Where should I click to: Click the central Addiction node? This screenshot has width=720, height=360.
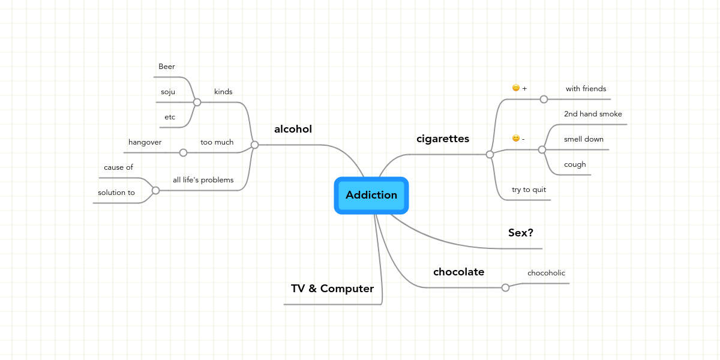(x=371, y=196)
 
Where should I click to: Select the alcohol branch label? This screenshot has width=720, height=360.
(x=293, y=129)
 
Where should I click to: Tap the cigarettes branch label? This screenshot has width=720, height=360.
(x=443, y=139)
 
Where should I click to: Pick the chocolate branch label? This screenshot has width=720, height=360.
(x=458, y=272)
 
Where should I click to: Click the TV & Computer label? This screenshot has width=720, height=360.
(x=332, y=289)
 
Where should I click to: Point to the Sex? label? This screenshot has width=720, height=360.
(x=520, y=233)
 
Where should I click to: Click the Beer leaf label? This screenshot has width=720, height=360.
(x=167, y=67)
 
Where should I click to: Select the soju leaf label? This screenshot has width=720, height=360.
(x=168, y=92)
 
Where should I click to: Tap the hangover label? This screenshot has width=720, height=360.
(x=145, y=142)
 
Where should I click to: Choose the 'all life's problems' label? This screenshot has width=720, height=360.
(x=203, y=180)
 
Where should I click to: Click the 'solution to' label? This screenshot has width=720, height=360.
(x=116, y=193)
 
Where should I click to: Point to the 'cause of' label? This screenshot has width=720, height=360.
(x=118, y=167)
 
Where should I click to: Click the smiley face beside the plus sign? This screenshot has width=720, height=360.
(x=516, y=88)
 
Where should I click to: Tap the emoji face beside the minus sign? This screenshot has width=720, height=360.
(x=516, y=138)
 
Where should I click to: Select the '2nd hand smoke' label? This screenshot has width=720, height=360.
(x=593, y=114)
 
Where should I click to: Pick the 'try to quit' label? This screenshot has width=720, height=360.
(x=529, y=190)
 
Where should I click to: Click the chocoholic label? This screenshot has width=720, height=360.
(x=546, y=273)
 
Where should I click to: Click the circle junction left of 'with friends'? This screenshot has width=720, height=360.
(x=544, y=100)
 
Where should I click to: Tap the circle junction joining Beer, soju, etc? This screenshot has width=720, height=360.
(x=197, y=102)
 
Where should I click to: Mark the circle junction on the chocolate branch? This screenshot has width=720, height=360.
(x=505, y=287)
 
